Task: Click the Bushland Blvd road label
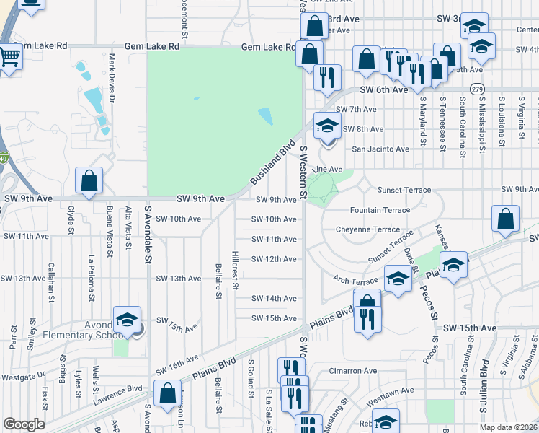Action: (x=273, y=162)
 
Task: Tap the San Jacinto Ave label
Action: (x=380, y=149)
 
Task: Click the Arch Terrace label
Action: (x=355, y=279)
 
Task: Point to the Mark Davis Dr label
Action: (x=112, y=71)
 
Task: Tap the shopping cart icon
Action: (x=9, y=56)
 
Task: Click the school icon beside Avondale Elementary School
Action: (x=127, y=319)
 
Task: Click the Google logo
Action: (x=24, y=424)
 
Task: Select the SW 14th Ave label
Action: (x=274, y=299)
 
